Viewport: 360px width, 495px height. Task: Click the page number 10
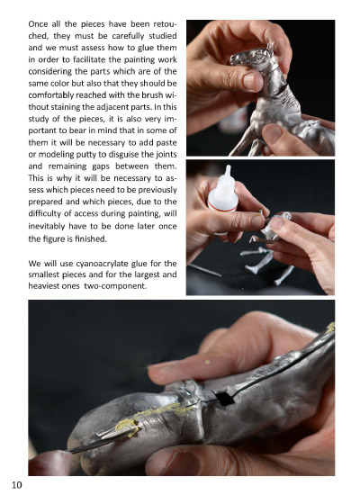point(17,484)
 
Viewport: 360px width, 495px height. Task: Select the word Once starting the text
point(37,24)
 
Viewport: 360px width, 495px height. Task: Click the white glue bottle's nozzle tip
point(228,166)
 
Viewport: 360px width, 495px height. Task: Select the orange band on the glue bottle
point(222,207)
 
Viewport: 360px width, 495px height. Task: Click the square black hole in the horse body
point(223,398)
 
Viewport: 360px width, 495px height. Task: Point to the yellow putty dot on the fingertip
point(208,362)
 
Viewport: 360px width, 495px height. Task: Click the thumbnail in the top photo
point(252,80)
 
